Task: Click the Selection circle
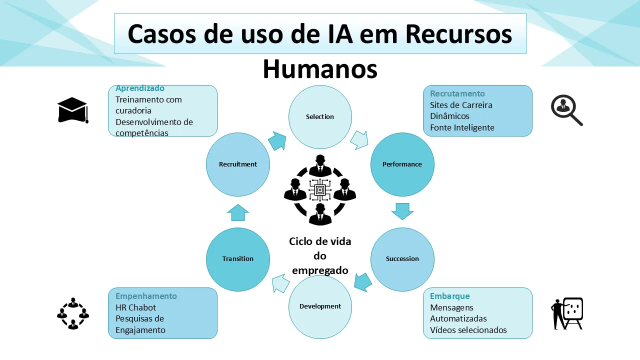tap(320, 117)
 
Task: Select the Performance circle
tap(402, 164)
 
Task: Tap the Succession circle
tap(402, 259)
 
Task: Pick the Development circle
tap(320, 306)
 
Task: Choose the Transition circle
tap(238, 259)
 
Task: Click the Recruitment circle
tap(238, 164)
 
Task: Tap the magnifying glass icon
tap(566, 110)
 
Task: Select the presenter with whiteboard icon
tap(567, 313)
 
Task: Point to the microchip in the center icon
tap(320, 190)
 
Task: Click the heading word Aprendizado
tap(140, 88)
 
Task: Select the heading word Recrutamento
tap(457, 93)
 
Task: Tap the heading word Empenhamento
tap(146, 296)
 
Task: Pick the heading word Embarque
tap(450, 296)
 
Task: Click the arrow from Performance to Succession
tap(402, 210)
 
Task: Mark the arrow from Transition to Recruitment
tap(238, 212)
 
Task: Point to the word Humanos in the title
tap(320, 69)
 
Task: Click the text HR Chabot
tap(136, 307)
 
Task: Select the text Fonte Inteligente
tap(462, 127)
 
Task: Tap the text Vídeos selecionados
tap(468, 330)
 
